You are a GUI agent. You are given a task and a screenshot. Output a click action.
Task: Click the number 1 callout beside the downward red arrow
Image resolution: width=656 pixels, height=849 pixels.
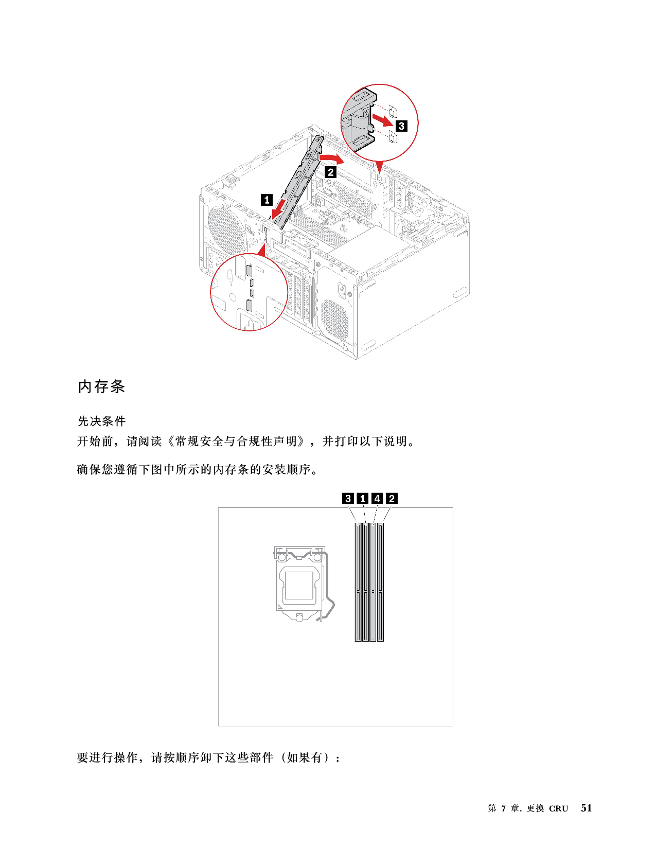point(267,200)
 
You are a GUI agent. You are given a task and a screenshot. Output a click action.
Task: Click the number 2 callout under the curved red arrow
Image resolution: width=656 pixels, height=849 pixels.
point(331,172)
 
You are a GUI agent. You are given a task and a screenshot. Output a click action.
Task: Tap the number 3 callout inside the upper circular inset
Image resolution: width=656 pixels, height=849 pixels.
point(401,126)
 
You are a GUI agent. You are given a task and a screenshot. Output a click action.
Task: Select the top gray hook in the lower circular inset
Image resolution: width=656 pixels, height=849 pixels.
point(250,270)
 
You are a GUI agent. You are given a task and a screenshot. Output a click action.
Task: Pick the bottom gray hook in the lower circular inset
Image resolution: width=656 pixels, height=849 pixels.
point(250,306)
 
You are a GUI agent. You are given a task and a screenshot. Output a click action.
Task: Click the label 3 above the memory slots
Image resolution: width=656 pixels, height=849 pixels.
point(348,499)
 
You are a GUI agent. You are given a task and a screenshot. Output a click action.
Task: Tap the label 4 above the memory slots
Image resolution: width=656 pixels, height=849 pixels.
point(377,499)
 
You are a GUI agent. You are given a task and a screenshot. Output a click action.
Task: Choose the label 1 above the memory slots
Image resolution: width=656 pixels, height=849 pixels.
point(363,499)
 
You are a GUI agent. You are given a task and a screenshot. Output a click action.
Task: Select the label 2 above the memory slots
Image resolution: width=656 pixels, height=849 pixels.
point(392,499)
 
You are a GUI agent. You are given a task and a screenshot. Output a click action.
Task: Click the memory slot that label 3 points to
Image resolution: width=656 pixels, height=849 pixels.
point(358,581)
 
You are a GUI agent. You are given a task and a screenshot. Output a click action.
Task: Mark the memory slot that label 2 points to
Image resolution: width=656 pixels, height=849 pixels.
point(380,581)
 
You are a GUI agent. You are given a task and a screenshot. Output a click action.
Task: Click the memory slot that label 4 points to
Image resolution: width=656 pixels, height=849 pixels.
point(373,581)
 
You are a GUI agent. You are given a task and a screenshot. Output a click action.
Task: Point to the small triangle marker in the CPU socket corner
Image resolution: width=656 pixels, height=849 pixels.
point(280,607)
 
